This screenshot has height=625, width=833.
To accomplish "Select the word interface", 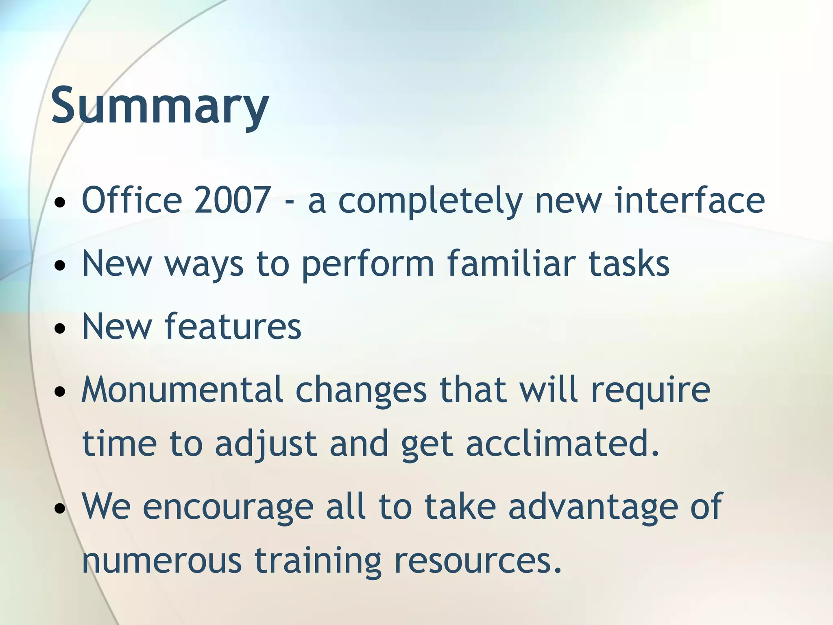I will [x=690, y=200].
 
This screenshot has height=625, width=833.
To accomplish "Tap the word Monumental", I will [x=182, y=389].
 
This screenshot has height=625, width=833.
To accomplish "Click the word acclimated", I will [x=562, y=443].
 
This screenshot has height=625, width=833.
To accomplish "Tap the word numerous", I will [x=162, y=560].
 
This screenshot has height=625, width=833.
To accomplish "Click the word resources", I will [x=478, y=560].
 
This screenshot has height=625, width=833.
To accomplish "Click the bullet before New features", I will [x=60, y=328].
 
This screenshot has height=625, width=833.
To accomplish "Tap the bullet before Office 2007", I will [x=60, y=202].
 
